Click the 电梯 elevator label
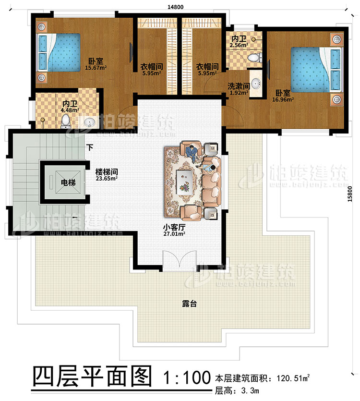click(x=67, y=182)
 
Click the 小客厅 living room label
click(x=173, y=228)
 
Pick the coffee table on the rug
click(x=185, y=180)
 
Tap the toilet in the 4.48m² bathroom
click(x=66, y=122)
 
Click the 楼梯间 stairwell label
click(x=106, y=172)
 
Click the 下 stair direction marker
click(x=89, y=148)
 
